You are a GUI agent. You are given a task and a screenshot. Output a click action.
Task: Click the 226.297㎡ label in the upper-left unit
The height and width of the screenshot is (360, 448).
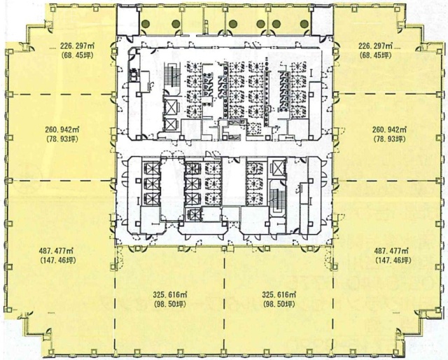click(x=78, y=46)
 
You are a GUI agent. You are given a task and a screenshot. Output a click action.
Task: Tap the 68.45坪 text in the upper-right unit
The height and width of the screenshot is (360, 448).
click(x=376, y=55)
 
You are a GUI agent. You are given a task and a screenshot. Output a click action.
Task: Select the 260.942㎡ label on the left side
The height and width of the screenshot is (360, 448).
click(x=62, y=130)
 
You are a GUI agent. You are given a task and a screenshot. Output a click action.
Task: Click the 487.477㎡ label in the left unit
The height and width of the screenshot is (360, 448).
click(x=56, y=251)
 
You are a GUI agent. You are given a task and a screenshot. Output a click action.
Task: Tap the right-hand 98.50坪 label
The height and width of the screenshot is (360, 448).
click(x=279, y=304)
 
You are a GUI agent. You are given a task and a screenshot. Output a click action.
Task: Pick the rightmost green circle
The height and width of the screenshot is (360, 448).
click(x=304, y=24)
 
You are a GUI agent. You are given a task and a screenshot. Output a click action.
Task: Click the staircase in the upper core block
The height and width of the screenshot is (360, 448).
click(x=172, y=74)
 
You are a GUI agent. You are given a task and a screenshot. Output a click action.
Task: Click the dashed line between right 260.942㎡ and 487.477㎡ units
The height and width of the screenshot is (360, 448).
click(x=388, y=181)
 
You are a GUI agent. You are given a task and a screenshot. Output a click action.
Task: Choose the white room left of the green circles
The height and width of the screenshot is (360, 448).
click(x=128, y=21)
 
